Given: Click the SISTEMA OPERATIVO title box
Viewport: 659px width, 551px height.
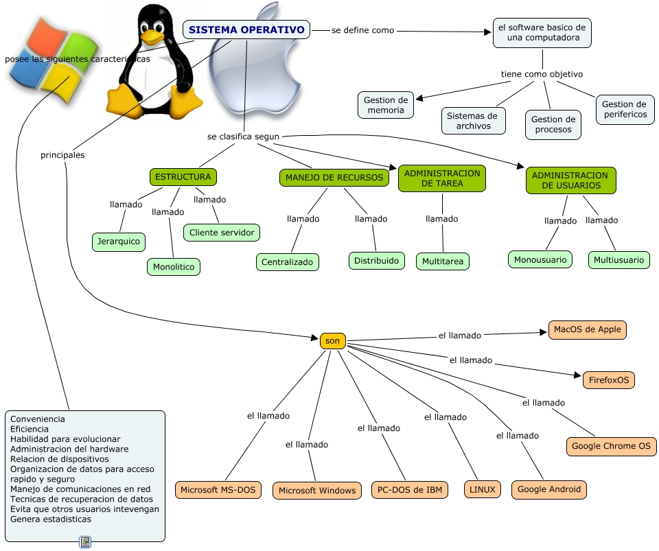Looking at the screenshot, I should coord(246,30).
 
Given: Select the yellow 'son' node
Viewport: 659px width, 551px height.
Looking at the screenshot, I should coord(333,340).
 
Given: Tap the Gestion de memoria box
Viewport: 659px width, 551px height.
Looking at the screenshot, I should coord(386,105).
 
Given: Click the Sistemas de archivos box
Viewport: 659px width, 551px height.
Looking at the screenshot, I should coord(472,121).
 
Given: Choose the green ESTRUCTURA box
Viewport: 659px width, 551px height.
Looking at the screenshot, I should coord(183,177).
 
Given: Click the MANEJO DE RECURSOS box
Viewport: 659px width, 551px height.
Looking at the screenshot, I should coord(334,178).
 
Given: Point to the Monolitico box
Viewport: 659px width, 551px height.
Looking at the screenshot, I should coord(174,267).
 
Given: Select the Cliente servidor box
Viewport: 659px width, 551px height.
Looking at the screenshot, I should coord(222,233).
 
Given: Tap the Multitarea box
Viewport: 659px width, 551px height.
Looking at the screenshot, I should coord(443,261).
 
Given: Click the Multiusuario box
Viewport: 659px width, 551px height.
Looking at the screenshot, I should coord(619,260).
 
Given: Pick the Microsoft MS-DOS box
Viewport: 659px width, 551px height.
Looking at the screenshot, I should coord(218,490).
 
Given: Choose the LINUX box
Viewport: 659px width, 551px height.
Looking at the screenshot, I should coord(483,489).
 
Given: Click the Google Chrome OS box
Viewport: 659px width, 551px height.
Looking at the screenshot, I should coord(612,446).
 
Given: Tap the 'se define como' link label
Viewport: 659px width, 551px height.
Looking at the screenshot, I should coord(362,31).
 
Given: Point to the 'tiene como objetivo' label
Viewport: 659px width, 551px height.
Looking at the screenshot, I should coord(542,74).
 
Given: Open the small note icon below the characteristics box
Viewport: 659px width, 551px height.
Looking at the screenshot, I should coord(85,542).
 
